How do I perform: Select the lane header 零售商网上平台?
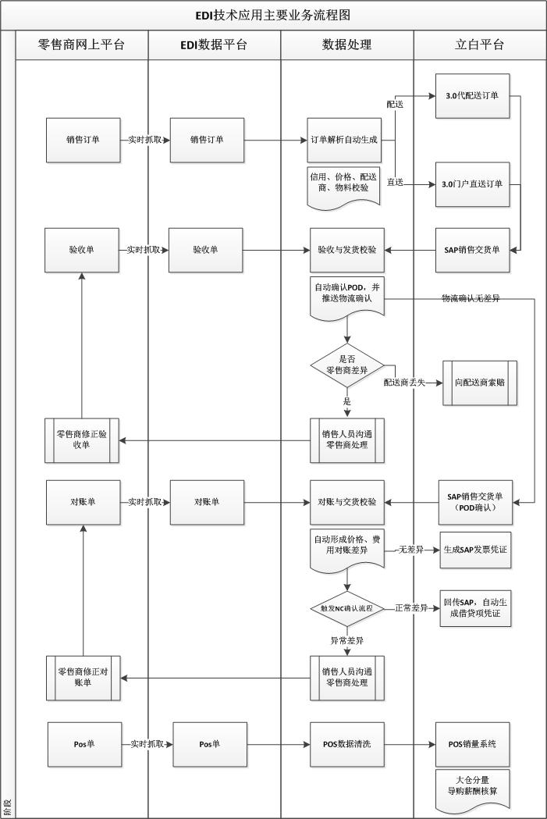click(x=81, y=45)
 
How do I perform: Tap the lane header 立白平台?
click(x=479, y=45)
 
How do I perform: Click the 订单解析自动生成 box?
click(x=343, y=141)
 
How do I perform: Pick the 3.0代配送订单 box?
click(x=473, y=96)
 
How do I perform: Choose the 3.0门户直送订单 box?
click(x=473, y=184)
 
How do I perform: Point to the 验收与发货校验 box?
click(x=347, y=251)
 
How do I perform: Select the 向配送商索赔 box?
click(x=480, y=383)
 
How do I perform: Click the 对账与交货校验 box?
click(x=347, y=502)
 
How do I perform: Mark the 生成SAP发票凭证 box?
click(x=475, y=550)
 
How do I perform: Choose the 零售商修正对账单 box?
click(x=82, y=678)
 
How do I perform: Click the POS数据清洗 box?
click(x=347, y=744)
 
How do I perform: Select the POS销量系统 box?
click(x=473, y=744)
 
